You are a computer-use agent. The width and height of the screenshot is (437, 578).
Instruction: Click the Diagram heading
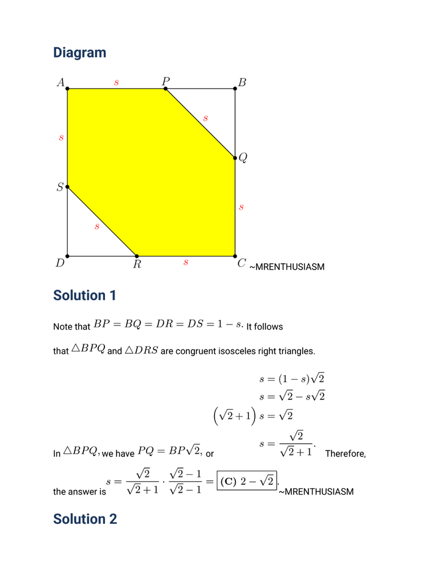click(x=80, y=52)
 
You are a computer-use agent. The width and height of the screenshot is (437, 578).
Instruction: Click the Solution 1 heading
click(x=85, y=295)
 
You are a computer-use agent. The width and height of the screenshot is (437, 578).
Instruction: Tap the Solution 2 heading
click(x=85, y=519)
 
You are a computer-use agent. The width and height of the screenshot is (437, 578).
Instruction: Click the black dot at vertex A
click(x=67, y=89)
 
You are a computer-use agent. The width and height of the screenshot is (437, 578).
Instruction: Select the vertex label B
click(x=242, y=82)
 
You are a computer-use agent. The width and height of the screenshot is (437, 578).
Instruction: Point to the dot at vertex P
click(x=165, y=89)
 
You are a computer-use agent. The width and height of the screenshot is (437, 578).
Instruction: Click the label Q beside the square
click(x=243, y=158)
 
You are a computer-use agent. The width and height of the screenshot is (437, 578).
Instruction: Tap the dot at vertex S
click(x=67, y=186)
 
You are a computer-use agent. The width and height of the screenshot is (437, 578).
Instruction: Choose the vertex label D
click(x=60, y=263)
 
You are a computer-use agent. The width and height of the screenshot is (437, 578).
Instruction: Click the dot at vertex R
click(x=137, y=256)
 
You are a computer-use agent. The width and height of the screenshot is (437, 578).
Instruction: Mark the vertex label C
click(x=242, y=263)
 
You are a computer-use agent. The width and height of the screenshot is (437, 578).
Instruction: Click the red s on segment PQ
click(x=206, y=119)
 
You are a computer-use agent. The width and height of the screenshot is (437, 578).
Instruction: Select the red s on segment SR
click(x=97, y=227)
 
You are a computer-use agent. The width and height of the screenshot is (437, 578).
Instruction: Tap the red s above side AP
click(x=116, y=82)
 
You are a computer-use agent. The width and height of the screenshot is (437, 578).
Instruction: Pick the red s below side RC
click(x=186, y=263)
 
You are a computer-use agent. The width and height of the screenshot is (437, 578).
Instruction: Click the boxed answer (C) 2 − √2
click(x=247, y=481)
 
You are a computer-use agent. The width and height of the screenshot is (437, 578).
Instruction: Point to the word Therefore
click(x=346, y=454)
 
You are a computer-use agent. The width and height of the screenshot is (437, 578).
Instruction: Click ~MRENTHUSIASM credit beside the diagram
click(x=287, y=267)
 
